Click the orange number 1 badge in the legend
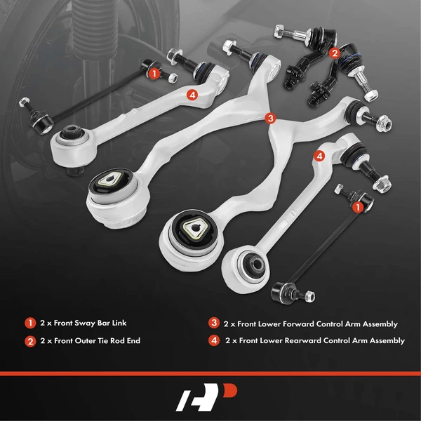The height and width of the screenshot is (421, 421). tap(30, 323)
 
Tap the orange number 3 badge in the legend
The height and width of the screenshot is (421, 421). tap(213, 323)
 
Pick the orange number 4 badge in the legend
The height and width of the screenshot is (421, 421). tap(213, 340)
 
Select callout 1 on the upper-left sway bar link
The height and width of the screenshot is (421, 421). tap(152, 71)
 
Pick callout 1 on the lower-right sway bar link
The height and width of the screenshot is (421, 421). tap(359, 207)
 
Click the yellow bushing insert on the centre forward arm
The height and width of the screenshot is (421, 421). tap(193, 227)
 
